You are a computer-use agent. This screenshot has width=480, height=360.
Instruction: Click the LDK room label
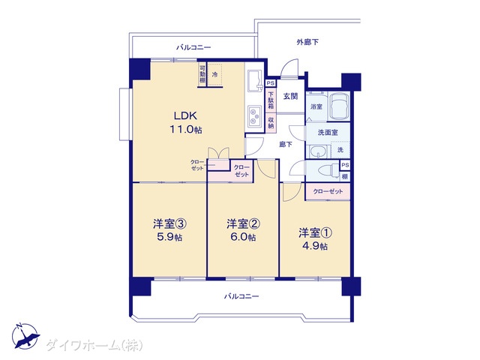[185, 115]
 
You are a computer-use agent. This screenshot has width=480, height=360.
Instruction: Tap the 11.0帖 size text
[186, 130]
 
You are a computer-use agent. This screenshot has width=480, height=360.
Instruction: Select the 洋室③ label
[170, 224]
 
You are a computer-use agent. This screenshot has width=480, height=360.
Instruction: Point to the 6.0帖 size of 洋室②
[243, 237]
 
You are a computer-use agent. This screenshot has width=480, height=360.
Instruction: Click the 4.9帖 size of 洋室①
[315, 246]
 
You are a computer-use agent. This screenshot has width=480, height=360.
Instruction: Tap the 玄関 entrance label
[290, 97]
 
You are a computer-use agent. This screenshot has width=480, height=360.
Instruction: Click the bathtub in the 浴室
[338, 106]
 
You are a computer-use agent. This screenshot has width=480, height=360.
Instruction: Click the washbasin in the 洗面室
[317, 151]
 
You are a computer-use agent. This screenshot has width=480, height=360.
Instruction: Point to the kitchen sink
[255, 80]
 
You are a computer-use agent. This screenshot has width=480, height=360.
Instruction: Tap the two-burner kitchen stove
[254, 116]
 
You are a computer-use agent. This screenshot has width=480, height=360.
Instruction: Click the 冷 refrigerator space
[215, 74]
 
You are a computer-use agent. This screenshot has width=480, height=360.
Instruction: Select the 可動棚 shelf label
[202, 74]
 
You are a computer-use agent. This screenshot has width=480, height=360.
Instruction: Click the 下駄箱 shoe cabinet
[271, 100]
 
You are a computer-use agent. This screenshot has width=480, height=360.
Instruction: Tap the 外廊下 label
[307, 42]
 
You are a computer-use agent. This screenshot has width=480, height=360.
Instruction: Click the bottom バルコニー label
[241, 296]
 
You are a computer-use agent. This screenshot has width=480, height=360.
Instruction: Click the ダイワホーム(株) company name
[94, 346]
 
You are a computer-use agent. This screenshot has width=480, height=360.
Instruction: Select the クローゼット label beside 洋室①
[328, 192]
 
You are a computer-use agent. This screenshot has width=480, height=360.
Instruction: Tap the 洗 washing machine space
[340, 150]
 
